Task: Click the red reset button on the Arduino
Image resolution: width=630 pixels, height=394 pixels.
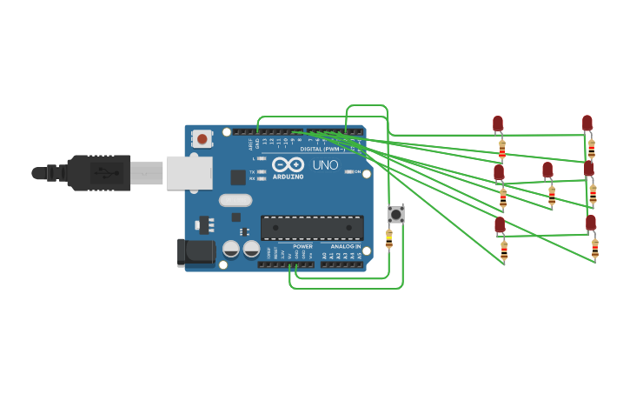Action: pos(202,138)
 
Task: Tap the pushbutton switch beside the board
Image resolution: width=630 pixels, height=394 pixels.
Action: pos(396,213)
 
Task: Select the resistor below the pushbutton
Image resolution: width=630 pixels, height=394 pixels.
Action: pos(388,237)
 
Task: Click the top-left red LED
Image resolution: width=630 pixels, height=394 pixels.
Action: pos(498,124)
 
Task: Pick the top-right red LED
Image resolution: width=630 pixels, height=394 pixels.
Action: pos(587,124)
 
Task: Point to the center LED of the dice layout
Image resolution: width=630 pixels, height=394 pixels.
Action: pos(547,170)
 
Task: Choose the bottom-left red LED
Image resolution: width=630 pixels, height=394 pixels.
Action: pos(500,225)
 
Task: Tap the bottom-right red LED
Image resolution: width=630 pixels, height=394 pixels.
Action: pos(591,224)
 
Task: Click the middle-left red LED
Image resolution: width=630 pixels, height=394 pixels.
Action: pos(499,173)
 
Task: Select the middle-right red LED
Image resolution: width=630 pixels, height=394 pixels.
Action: pos(589,168)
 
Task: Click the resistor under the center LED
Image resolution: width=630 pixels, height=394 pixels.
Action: pos(552,195)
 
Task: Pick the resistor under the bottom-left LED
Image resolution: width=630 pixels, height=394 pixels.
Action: pos(504,250)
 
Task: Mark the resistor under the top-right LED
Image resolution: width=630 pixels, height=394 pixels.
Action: pos(592,148)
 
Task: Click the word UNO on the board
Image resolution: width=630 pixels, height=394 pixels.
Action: pos(325,164)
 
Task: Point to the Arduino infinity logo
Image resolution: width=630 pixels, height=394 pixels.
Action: pos(288,164)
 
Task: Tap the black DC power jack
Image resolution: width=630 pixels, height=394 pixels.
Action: pos(196,252)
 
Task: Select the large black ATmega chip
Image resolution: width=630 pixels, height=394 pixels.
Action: pos(312,228)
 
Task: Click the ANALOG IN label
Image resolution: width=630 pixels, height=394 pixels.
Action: pos(345,247)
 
